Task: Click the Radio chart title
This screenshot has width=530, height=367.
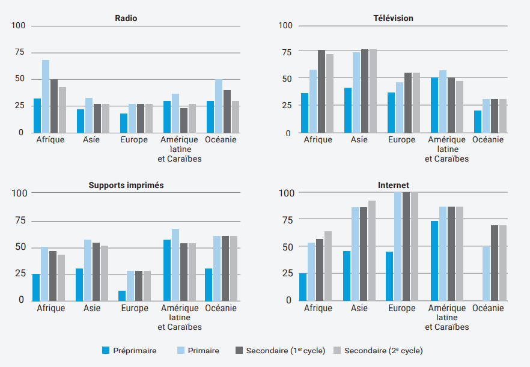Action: coord(126,18)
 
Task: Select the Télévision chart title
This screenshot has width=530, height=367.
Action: coord(393,18)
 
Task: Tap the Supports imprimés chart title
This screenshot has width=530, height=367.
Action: coord(126,185)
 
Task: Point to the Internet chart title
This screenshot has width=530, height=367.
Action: coord(393,185)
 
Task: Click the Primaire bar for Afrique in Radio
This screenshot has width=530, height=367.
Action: coord(46,96)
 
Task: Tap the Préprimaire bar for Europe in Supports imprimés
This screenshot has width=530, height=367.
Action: coord(122,296)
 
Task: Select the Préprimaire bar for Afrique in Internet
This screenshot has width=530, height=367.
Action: coord(303,287)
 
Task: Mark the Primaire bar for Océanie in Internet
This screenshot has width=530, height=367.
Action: coord(486,273)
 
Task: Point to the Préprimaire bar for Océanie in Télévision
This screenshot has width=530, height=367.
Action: coord(478,121)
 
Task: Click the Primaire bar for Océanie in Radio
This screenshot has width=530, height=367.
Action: coord(219,106)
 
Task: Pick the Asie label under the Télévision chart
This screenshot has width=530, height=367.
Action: coord(359,140)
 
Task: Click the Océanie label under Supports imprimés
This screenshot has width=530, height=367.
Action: coord(221,308)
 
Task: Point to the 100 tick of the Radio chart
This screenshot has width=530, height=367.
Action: coord(18,26)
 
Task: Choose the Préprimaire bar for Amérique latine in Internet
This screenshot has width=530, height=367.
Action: coord(434,261)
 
